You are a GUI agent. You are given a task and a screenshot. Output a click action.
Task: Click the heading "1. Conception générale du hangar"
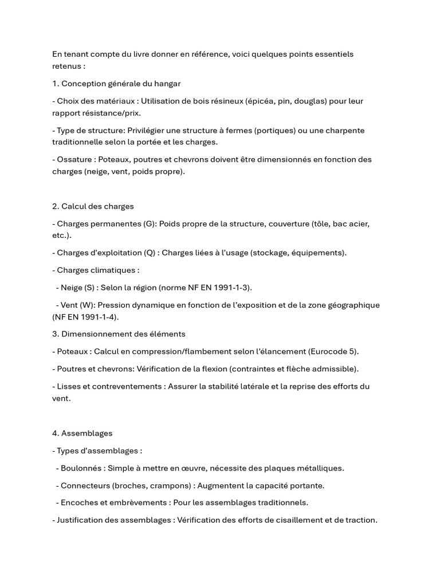[116, 84]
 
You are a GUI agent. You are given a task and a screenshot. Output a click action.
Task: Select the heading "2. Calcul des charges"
[93, 206]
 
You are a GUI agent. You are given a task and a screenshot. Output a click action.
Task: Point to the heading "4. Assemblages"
[82, 433]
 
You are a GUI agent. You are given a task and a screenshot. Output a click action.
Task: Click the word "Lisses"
[69, 386]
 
